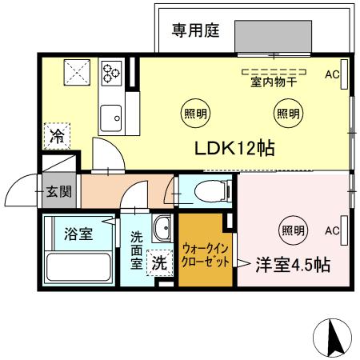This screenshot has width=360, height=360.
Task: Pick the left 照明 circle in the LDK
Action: click(x=195, y=113)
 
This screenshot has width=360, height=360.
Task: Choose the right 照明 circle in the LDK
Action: click(x=288, y=113)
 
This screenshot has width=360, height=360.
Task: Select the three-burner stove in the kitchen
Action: click(x=110, y=72)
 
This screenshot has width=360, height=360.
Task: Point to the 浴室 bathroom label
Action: click(x=78, y=235)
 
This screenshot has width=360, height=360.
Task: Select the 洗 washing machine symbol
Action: click(x=159, y=261)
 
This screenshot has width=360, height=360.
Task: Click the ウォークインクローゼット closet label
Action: click(x=203, y=254)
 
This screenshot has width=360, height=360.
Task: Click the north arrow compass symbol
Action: click(x=336, y=338)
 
